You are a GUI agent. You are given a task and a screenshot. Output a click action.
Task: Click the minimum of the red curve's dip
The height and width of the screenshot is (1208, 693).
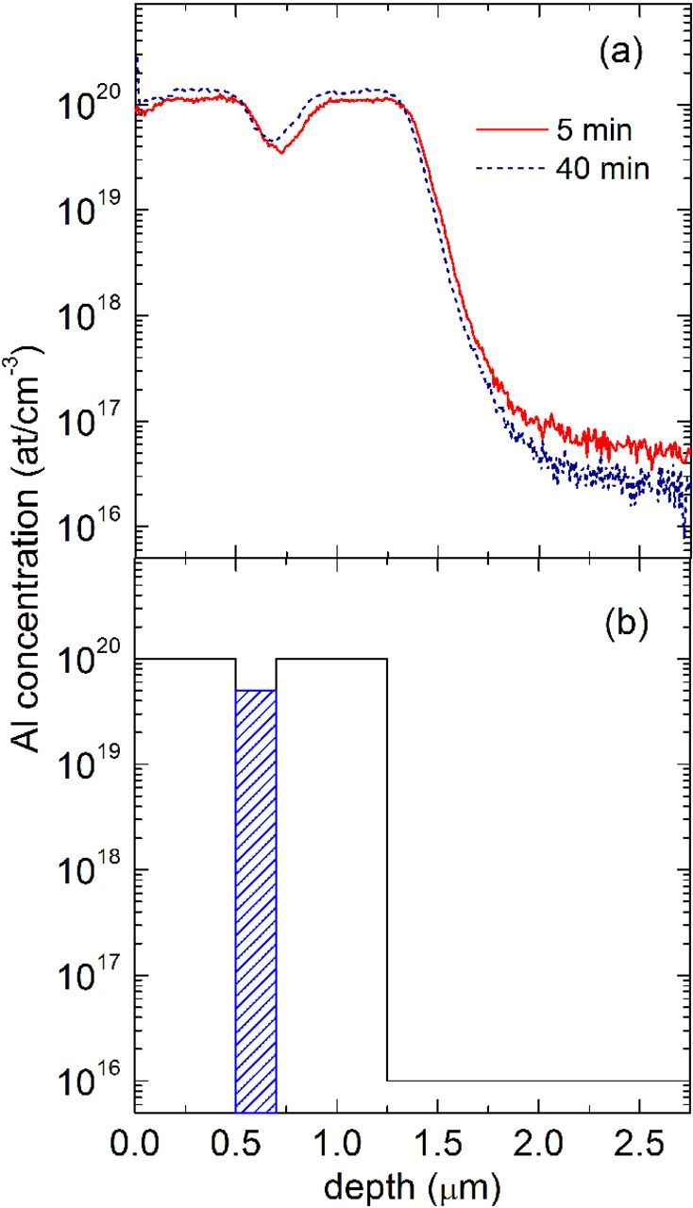tap(280, 152)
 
